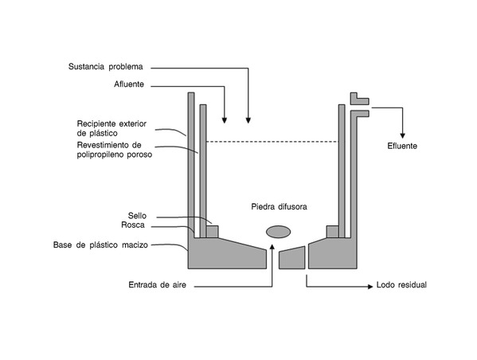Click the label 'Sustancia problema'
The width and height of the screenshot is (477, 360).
106,67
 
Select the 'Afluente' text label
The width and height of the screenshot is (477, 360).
129,84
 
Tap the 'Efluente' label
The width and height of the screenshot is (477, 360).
402,146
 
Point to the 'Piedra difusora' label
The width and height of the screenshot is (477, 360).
279,207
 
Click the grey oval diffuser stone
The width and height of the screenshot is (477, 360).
279,232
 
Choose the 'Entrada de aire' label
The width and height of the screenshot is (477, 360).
158,285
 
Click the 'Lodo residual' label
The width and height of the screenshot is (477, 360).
401,285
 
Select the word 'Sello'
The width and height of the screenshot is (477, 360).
137,216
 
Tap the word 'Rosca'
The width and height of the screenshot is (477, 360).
133,225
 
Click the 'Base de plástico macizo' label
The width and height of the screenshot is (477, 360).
100,245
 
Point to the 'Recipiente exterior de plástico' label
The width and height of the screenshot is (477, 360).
111,128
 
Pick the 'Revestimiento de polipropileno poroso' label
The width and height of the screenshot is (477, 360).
115,150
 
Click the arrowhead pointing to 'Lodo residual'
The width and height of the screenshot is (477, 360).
370,287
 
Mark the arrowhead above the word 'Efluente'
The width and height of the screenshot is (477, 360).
402,135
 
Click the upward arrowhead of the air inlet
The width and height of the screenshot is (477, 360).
272,246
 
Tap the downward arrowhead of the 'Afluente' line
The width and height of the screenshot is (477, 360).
225,120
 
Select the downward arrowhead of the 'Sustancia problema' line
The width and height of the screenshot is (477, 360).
248,120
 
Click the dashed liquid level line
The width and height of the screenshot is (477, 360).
272,142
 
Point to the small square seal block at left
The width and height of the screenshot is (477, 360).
213,232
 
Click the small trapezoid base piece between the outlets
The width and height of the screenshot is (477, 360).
292,258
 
